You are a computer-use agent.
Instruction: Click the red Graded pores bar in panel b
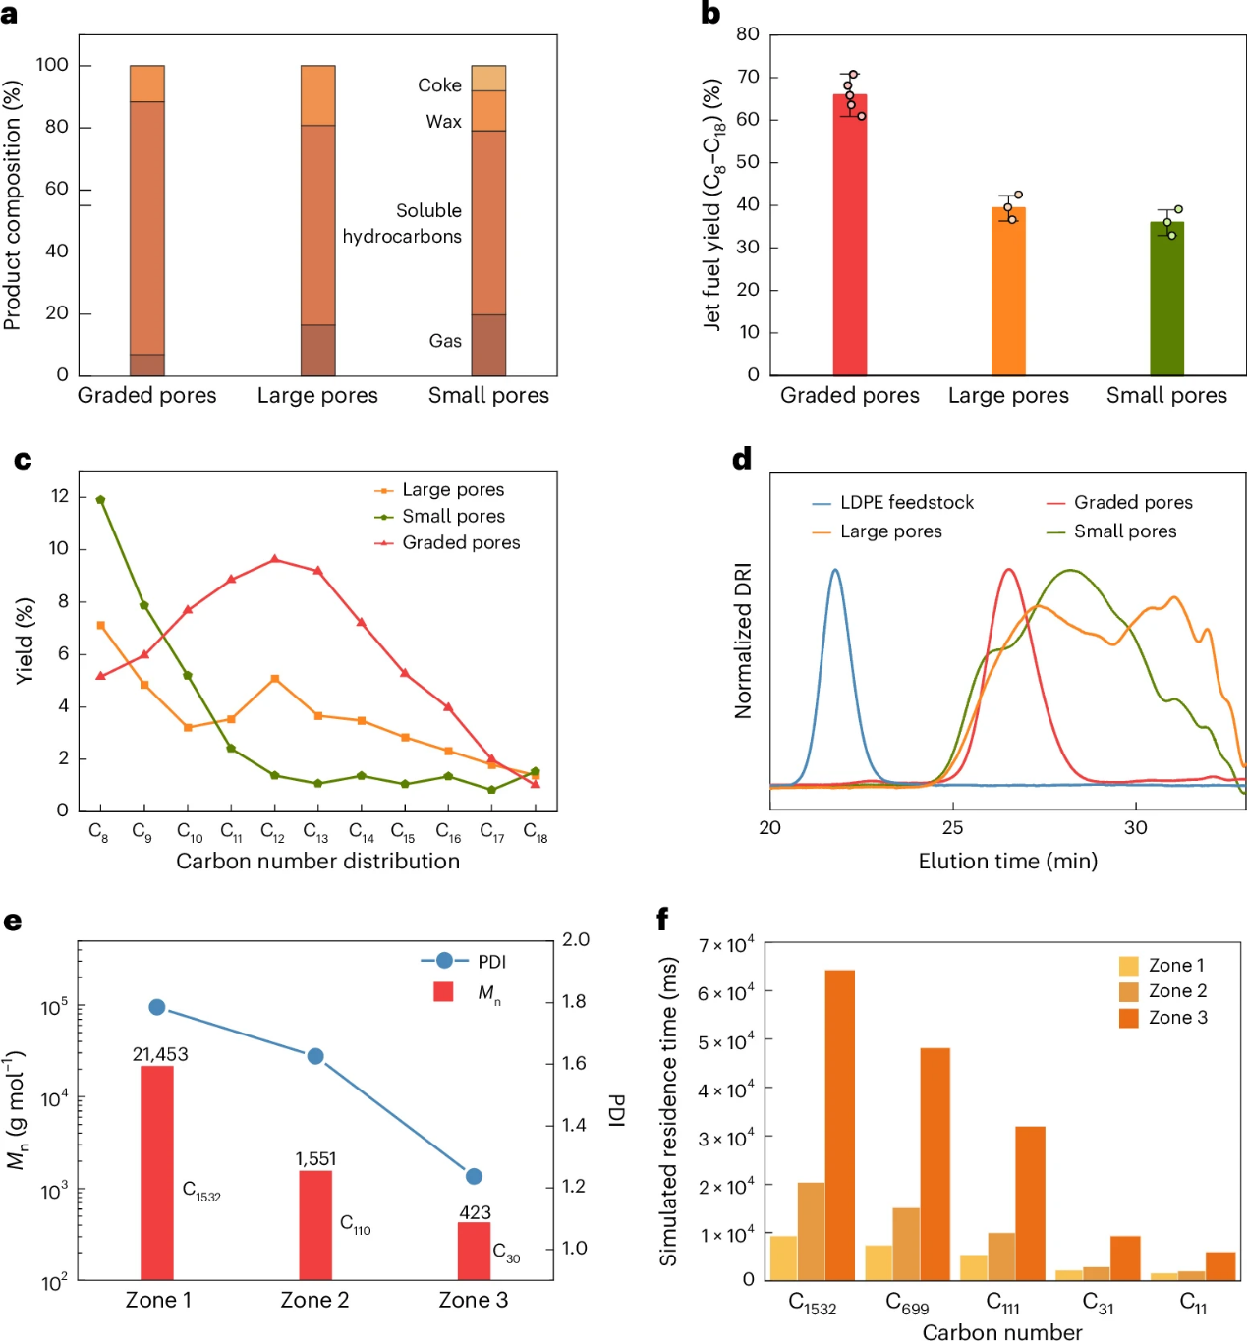click(x=850, y=236)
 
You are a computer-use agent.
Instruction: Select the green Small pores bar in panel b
click(x=1166, y=299)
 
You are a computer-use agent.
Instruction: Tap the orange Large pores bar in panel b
click(x=1008, y=292)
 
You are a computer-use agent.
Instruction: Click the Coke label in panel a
click(x=439, y=85)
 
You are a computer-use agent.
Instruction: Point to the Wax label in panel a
click(x=443, y=122)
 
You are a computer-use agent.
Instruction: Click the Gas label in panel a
click(x=445, y=341)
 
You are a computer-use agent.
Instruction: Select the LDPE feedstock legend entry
click(x=906, y=503)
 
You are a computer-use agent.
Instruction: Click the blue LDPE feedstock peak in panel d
click(x=835, y=571)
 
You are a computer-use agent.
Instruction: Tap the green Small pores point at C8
click(x=100, y=500)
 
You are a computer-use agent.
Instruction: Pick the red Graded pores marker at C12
click(x=274, y=560)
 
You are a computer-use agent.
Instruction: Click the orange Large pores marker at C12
click(x=274, y=679)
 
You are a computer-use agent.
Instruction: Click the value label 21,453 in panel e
click(x=160, y=1054)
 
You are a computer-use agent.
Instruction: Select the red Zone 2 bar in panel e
click(x=315, y=1224)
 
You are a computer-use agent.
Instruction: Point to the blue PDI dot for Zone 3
click(x=474, y=1176)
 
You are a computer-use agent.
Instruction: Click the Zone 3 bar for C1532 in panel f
click(x=839, y=1125)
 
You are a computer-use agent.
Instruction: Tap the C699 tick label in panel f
click(x=906, y=1303)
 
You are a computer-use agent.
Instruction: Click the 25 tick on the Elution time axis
click(x=952, y=828)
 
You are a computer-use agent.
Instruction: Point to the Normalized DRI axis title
click(x=743, y=641)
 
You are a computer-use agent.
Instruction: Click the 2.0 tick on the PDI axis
click(x=576, y=940)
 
